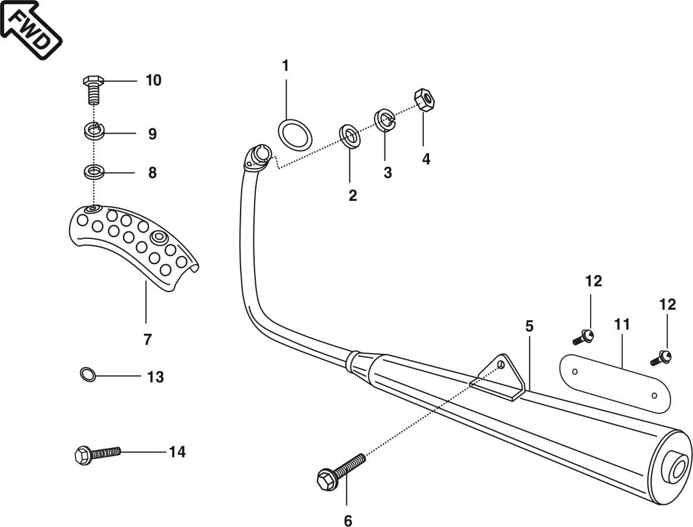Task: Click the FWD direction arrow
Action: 30,28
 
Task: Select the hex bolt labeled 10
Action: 94,89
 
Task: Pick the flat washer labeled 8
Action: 94,172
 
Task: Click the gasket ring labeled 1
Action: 294,134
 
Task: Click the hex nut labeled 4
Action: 424,100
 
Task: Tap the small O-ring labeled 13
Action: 87,374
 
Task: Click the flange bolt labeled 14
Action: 97,454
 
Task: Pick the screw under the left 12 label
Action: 584,337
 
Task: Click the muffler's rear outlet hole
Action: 680,468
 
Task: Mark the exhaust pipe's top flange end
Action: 258,156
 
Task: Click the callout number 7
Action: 147,339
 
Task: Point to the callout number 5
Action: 529,326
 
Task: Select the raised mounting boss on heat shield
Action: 158,237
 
